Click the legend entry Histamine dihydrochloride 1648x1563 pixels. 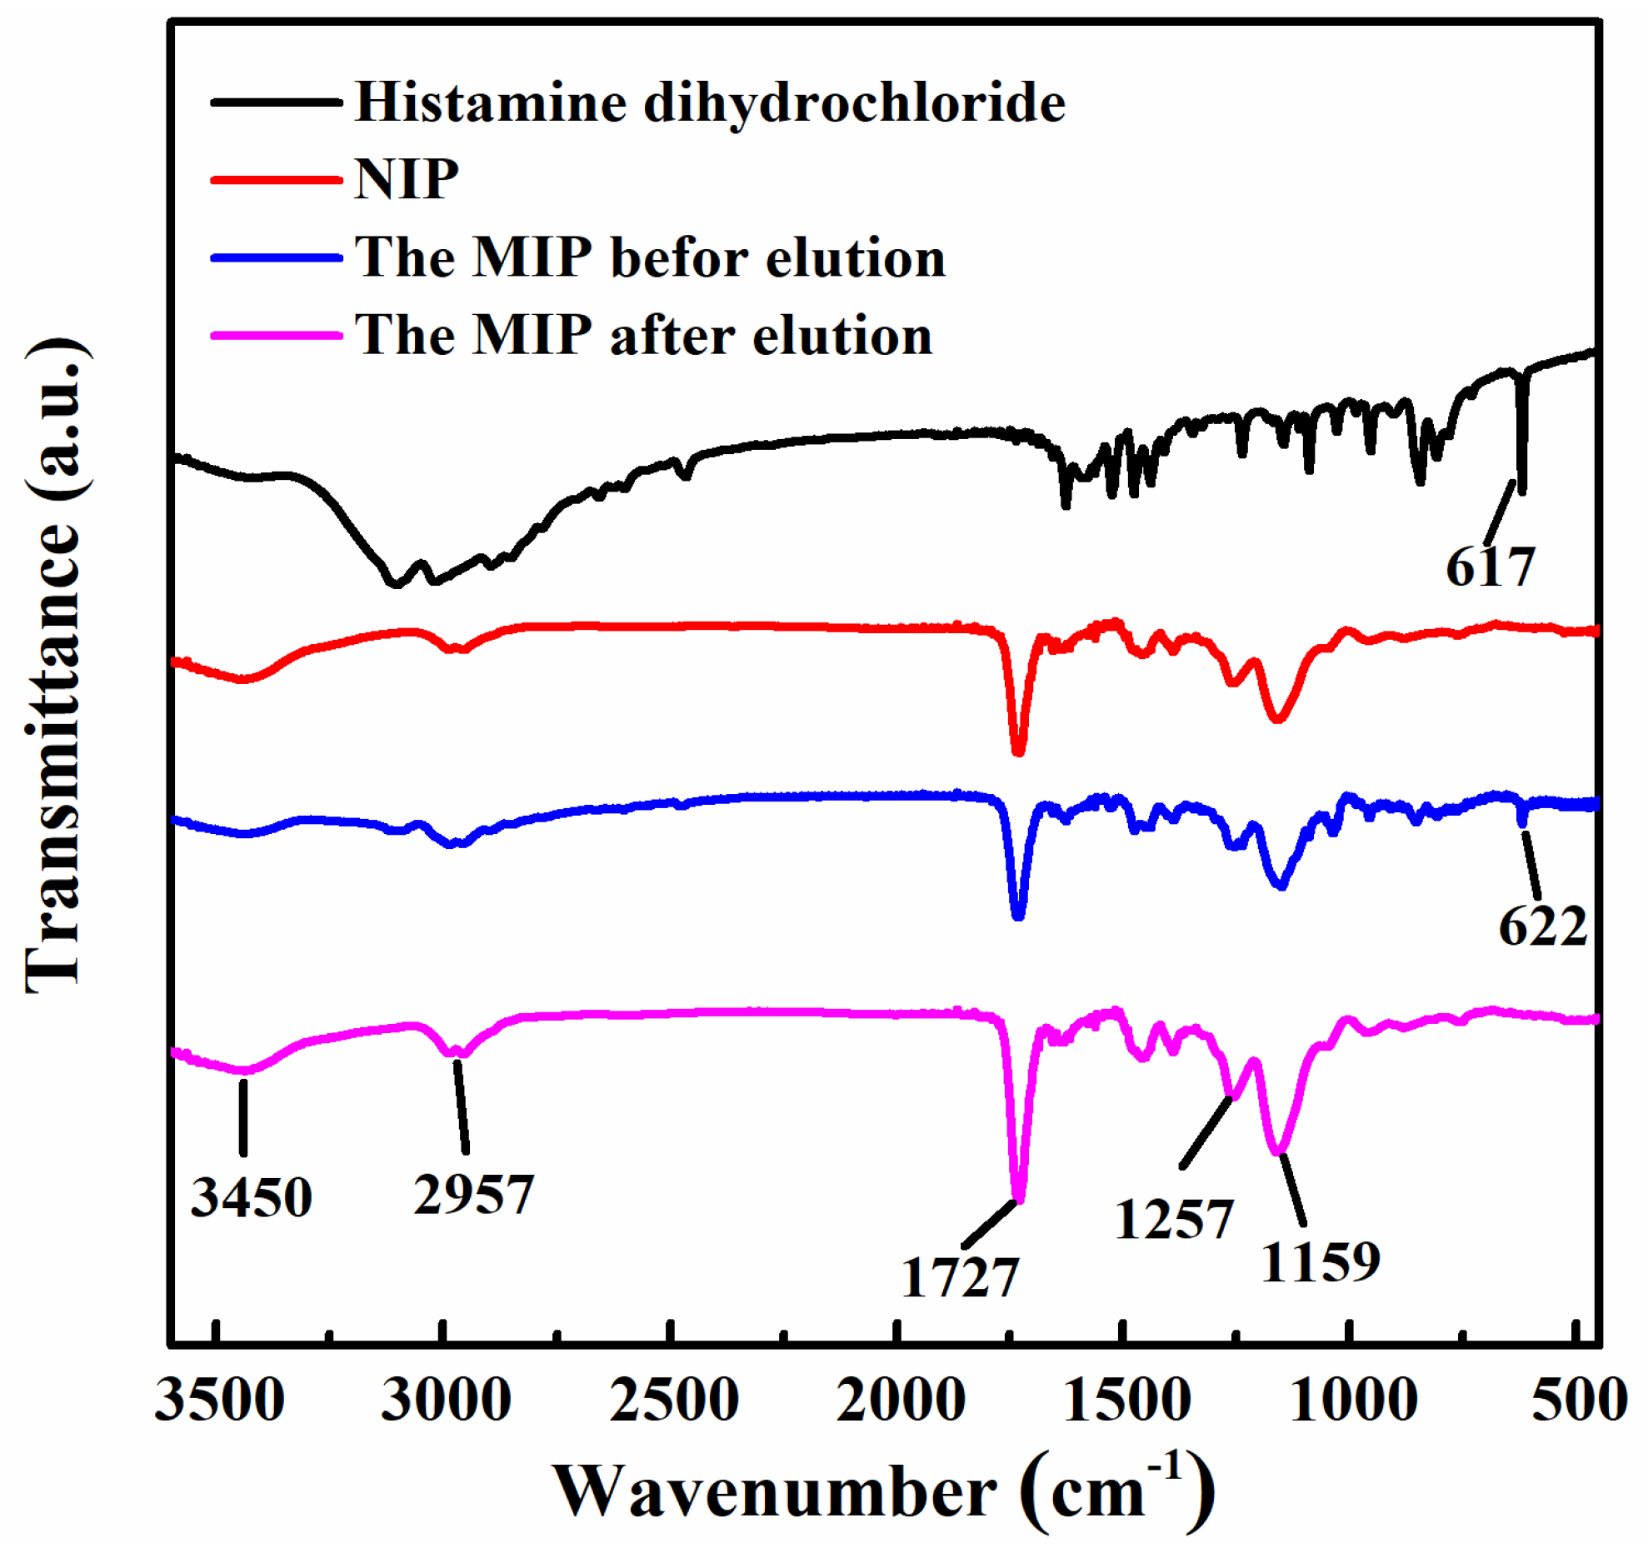[x=709, y=102]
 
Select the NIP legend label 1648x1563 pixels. [x=406, y=179]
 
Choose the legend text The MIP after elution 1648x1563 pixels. [x=643, y=335]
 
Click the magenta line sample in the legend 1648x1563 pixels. [x=277, y=335]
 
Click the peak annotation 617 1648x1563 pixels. [x=1490, y=567]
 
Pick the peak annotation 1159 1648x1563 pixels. [x=1321, y=1261]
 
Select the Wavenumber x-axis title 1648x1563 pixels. [x=883, y=1493]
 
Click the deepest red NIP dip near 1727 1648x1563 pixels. [x=1017, y=752]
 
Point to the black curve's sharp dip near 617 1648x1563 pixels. [x=1521, y=492]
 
